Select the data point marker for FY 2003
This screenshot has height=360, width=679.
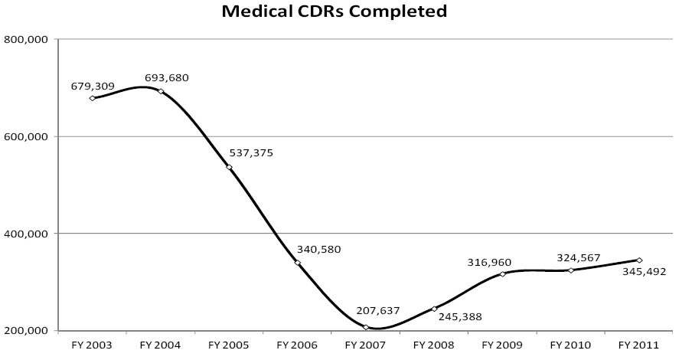click(92, 98)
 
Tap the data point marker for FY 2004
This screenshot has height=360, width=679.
click(160, 91)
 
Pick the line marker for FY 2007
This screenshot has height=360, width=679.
click(366, 327)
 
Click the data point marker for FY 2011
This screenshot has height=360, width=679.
click(639, 260)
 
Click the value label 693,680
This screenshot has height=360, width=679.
click(167, 77)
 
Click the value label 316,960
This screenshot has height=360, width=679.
click(489, 262)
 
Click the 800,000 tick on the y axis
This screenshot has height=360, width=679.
click(26, 40)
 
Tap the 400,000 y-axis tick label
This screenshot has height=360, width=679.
click(26, 234)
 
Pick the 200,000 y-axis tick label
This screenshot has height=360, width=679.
click(26, 331)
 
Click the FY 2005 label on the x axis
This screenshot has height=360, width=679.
click(229, 345)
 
